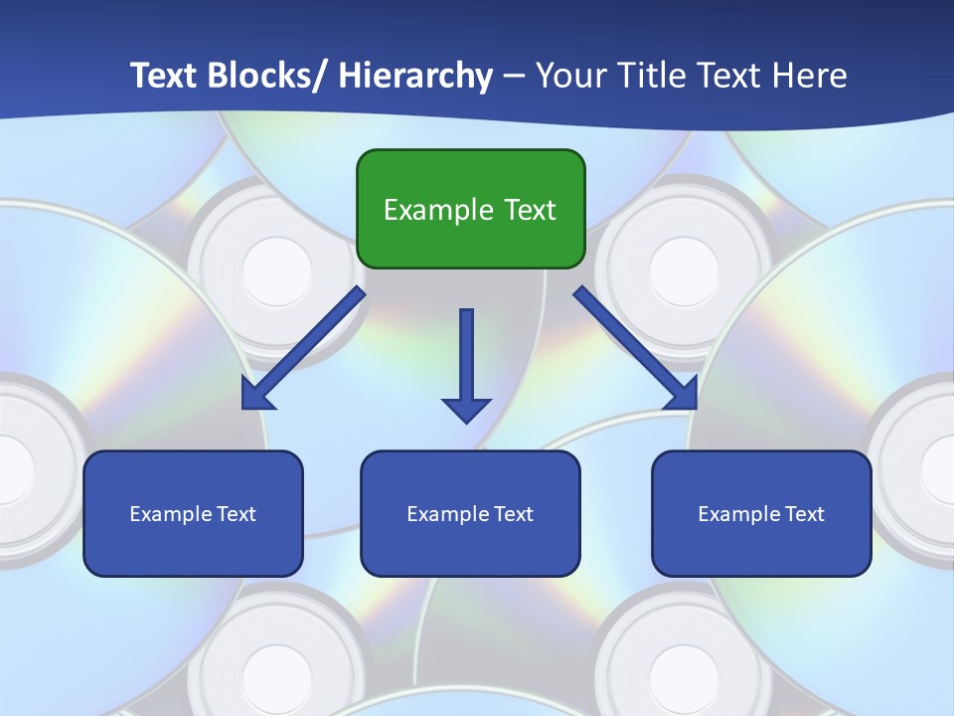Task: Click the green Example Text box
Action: coord(470,209)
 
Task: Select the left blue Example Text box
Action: coord(193,513)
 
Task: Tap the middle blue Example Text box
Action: coord(470,513)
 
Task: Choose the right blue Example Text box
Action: coord(761,513)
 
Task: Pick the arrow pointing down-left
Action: coord(303,348)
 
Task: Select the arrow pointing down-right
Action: coord(636,348)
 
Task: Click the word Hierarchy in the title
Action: coord(415,76)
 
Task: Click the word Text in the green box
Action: coord(530,210)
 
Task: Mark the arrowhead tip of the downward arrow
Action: coord(466,421)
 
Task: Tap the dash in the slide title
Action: coord(514,76)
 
